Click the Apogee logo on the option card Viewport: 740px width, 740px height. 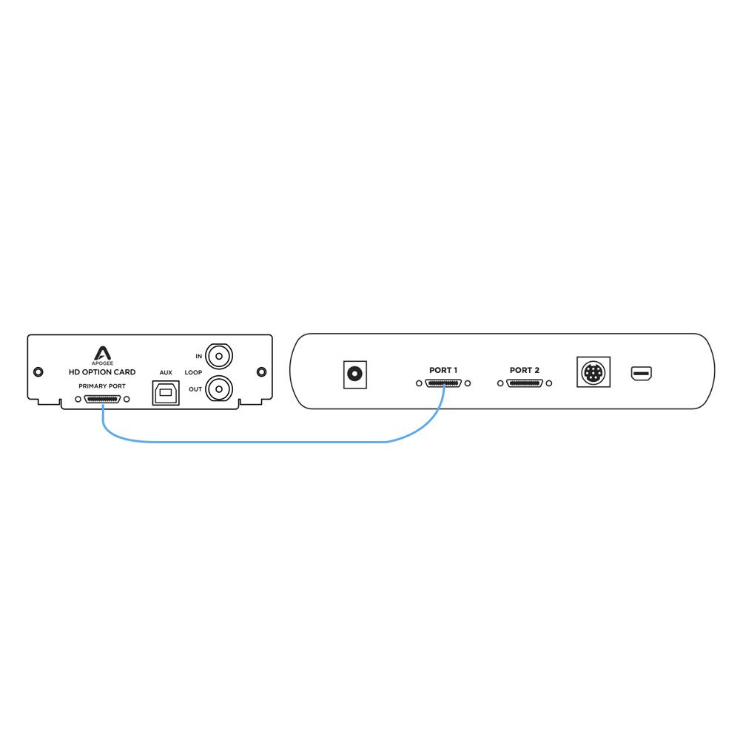pos(102,355)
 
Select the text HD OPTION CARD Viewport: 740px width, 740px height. pos(102,372)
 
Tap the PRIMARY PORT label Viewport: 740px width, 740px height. pos(102,386)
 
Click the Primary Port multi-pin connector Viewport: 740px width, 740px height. pos(102,400)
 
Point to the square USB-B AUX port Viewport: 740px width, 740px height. pos(166,393)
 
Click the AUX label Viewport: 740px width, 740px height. pos(166,372)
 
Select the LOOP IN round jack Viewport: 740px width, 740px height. pos(219,356)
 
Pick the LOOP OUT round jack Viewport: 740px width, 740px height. pos(219,389)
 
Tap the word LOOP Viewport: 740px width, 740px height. pos(193,372)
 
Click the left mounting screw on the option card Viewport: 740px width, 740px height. pos(38,372)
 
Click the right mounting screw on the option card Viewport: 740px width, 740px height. pos(261,372)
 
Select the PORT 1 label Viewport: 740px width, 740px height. pos(443,370)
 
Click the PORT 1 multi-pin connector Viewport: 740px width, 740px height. pos(443,383)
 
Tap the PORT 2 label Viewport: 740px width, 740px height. pos(525,370)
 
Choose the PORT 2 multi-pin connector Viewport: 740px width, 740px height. pos(525,383)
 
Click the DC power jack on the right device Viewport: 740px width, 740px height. pos(355,374)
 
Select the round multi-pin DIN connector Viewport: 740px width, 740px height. pos(593,372)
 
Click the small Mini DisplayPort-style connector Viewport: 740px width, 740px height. pos(642,374)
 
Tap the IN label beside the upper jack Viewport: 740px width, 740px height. pos(198,357)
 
